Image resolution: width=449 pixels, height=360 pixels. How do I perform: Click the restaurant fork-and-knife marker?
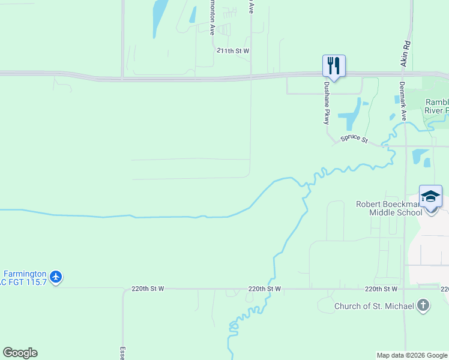pyautogui.click(x=334, y=65)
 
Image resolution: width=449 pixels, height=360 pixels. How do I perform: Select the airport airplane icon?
pyautogui.click(x=56, y=277)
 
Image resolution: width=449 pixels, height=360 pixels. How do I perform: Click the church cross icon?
pyautogui.click(x=423, y=305)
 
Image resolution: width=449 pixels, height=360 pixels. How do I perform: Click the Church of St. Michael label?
pyautogui.click(x=374, y=307)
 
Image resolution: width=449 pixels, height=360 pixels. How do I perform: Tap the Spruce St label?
pyautogui.click(x=354, y=139)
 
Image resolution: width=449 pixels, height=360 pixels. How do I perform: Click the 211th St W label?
pyautogui.click(x=233, y=52)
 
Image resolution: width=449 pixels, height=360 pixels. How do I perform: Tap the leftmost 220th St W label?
pyautogui.click(x=148, y=289)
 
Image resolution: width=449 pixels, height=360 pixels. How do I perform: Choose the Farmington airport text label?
pyautogui.click(x=24, y=277)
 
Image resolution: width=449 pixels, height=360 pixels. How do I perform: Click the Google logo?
pyautogui.click(x=20, y=353)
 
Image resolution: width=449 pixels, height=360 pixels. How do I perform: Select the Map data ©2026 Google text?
pyautogui.click(x=411, y=355)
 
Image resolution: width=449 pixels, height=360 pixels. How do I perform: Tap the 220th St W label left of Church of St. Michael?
pyautogui.click(x=381, y=289)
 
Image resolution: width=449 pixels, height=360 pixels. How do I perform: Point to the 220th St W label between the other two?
pyautogui.click(x=265, y=289)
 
